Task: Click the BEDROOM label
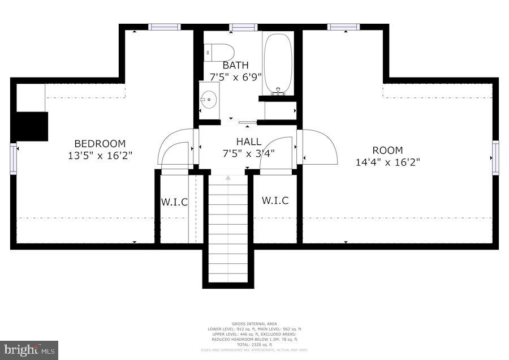pyautogui.click(x=100, y=144)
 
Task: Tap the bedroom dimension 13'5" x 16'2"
pyautogui.click(x=100, y=155)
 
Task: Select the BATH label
pyautogui.click(x=236, y=66)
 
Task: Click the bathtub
pyautogui.click(x=278, y=63)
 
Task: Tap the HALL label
pyautogui.click(x=249, y=142)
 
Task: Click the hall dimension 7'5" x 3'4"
pyautogui.click(x=249, y=153)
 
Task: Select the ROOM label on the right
pyautogui.click(x=387, y=150)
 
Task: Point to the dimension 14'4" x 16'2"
pyautogui.click(x=387, y=162)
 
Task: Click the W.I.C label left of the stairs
pyautogui.click(x=174, y=202)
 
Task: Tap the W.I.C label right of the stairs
pyautogui.click(x=275, y=200)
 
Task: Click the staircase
pyautogui.click(x=228, y=229)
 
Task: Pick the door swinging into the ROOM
pyautogui.click(x=319, y=147)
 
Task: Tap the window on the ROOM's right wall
pyautogui.click(x=495, y=157)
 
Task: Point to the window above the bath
pyautogui.click(x=244, y=27)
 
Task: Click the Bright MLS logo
pyautogui.click(x=29, y=349)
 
